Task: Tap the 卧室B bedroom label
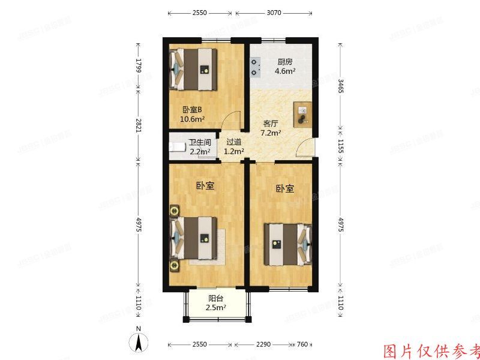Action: tap(193, 110)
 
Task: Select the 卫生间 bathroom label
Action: tap(200, 143)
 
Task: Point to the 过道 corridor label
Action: tap(234, 143)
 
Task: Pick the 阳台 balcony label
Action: tap(217, 298)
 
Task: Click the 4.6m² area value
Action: tap(285, 71)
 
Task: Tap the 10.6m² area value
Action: tap(193, 119)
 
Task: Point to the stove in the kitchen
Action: tap(256, 67)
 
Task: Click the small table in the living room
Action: tap(302, 114)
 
